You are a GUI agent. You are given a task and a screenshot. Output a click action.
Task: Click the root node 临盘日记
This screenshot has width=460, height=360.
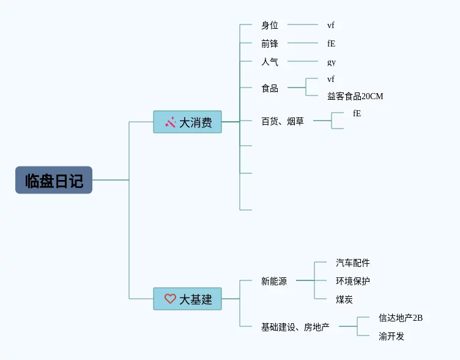click(54, 180)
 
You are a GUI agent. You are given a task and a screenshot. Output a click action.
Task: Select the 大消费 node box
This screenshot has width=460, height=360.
click(187, 122)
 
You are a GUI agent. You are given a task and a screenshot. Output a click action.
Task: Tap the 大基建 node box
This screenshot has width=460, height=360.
click(187, 299)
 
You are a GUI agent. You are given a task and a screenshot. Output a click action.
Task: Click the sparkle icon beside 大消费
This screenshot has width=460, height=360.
click(171, 122)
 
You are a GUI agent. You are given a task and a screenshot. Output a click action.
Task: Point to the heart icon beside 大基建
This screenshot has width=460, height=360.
click(170, 299)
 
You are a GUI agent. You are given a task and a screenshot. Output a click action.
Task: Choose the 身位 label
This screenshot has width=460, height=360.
click(270, 25)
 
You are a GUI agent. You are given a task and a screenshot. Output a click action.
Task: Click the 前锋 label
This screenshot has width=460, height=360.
click(270, 43)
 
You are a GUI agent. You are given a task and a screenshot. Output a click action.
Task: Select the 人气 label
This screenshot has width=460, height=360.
click(270, 62)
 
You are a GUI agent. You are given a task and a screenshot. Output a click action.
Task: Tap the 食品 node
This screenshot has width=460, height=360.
click(270, 88)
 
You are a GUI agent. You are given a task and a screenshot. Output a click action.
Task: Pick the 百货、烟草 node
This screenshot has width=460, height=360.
click(283, 121)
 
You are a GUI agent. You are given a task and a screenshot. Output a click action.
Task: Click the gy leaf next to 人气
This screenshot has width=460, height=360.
click(332, 62)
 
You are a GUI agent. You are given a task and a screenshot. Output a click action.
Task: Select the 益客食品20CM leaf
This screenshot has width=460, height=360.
click(355, 96)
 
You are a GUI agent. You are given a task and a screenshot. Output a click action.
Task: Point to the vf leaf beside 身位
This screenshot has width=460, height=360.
click(331, 25)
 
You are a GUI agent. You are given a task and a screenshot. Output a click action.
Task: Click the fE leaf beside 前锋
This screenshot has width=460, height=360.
click(331, 43)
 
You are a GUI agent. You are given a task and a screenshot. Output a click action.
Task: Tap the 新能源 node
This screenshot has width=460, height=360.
click(274, 281)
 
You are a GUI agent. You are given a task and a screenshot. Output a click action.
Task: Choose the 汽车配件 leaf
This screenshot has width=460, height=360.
click(353, 263)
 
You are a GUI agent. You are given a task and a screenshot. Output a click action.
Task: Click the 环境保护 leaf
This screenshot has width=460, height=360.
click(353, 281)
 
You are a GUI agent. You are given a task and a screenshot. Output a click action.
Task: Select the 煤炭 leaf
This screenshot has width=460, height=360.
click(344, 299)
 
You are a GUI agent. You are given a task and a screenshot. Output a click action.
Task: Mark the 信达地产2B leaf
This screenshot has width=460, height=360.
click(401, 318)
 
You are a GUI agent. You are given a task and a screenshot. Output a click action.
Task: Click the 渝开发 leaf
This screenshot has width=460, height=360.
click(391, 336)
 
